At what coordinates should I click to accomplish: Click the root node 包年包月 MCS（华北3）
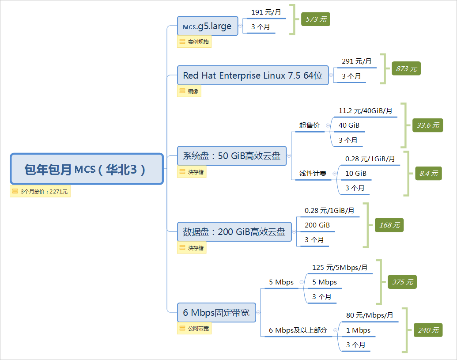pos(87,169)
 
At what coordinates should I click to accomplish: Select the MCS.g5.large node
pos(207,26)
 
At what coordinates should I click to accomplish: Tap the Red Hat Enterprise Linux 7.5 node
pos(253,76)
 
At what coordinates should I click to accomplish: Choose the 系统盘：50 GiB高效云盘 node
pos(231,155)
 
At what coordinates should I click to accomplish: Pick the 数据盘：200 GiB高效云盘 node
pos(234,231)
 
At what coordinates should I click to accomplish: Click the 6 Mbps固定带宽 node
pos(216,313)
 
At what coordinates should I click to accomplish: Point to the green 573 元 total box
pos(315,19)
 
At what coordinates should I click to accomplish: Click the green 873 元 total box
pos(406,68)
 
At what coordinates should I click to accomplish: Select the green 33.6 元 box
pos(427,125)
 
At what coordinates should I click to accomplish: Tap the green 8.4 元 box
pos(428,174)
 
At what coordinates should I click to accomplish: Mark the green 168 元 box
pos(389,225)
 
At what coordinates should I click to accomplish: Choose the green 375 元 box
pos(402,282)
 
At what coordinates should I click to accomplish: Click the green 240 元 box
pos(428,330)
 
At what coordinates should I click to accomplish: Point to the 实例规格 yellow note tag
pos(194,42)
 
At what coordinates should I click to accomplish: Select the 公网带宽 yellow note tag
pos(194,329)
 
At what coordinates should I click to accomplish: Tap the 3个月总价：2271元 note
pos(40,191)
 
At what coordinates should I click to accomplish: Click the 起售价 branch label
pos(309,125)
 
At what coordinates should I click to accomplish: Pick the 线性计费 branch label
pos(313,174)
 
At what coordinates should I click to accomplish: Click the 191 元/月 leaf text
pos(266,12)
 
